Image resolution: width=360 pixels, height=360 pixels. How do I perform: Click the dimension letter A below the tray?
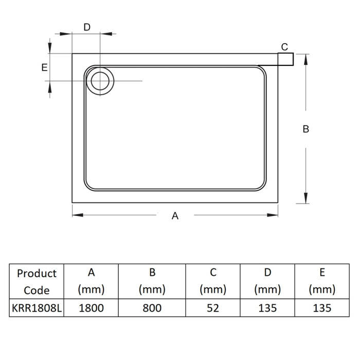[175, 216]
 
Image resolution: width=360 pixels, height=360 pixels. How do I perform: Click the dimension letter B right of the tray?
[306, 129]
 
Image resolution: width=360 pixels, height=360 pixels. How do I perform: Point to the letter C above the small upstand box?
[284, 47]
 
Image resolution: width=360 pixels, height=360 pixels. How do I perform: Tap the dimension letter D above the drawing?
[87, 27]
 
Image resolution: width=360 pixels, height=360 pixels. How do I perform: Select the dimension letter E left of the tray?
[45, 67]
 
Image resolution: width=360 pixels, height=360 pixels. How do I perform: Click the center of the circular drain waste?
[100, 81]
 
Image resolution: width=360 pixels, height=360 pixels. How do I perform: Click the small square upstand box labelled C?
[285, 59]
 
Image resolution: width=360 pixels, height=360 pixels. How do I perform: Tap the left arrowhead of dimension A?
[78, 215]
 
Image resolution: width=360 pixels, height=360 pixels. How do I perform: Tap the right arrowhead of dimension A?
[273, 215]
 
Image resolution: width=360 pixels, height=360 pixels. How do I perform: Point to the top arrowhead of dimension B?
[306, 60]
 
